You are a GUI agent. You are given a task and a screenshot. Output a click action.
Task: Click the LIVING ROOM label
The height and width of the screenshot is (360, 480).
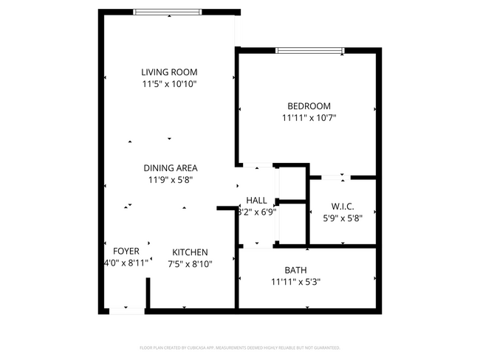(x=169, y=72)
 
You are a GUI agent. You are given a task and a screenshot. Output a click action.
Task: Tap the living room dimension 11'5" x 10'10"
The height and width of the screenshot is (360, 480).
(x=169, y=84)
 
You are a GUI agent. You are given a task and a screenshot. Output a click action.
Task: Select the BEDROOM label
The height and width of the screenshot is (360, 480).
(x=309, y=105)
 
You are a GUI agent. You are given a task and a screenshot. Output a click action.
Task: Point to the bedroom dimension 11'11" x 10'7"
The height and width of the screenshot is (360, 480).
(x=309, y=117)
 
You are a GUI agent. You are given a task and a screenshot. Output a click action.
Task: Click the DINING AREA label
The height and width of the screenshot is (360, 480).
(x=170, y=167)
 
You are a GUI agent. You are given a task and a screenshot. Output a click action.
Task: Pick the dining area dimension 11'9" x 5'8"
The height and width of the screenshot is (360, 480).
(x=170, y=179)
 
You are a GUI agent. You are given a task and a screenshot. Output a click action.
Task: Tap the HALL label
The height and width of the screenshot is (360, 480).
(x=256, y=200)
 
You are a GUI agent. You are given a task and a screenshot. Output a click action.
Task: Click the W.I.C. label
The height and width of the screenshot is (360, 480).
(x=343, y=206)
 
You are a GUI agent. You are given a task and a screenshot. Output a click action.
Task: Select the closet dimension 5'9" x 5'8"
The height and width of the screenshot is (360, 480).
(x=343, y=218)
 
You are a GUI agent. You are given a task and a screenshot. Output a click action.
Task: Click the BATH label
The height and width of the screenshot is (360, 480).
(x=295, y=269)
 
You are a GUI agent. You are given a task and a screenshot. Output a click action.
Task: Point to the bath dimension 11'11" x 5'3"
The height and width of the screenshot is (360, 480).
(x=295, y=281)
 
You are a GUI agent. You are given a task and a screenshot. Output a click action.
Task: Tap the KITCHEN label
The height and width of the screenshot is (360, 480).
(x=190, y=252)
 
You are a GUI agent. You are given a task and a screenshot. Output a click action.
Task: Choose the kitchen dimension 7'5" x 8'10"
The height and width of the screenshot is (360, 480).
(x=190, y=263)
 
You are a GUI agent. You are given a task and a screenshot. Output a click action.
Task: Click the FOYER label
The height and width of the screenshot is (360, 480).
(x=126, y=251)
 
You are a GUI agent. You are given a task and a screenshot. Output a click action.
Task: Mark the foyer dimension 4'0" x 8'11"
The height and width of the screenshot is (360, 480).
(x=126, y=262)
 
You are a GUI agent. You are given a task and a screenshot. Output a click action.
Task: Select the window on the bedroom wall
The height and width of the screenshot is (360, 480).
(x=309, y=50)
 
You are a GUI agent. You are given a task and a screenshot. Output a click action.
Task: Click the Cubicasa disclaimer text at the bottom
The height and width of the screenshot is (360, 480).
(x=240, y=347)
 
